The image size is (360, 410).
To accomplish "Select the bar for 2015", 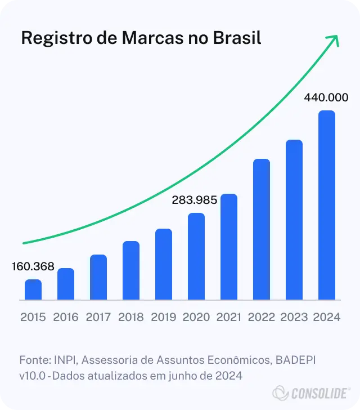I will click(x=33, y=289).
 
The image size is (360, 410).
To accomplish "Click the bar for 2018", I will click(x=131, y=270).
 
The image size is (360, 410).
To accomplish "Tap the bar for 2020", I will click(x=196, y=256).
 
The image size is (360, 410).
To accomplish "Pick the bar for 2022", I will click(x=262, y=229).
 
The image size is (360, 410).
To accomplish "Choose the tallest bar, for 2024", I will click(x=327, y=205).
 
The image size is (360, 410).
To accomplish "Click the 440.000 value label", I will click(x=326, y=97).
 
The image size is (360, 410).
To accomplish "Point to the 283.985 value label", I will click(x=195, y=199).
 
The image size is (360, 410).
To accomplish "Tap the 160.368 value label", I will click(x=33, y=267).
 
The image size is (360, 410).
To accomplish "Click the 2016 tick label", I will click(x=66, y=317).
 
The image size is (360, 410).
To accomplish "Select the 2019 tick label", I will click(x=164, y=317).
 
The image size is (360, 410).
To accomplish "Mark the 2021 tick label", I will click(x=229, y=317).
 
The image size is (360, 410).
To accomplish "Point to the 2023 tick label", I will click(x=294, y=317).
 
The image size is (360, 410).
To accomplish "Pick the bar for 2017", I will click(x=98, y=277).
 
